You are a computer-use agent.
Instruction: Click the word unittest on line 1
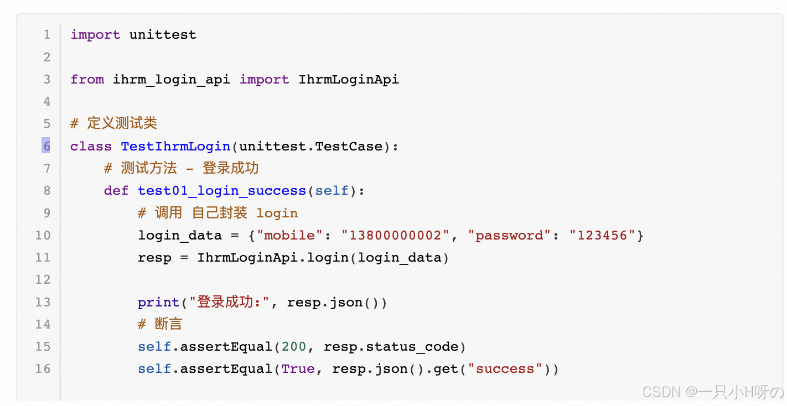click(163, 34)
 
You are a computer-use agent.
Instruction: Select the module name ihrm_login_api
click(172, 79)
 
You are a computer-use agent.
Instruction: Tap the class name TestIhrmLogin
click(175, 146)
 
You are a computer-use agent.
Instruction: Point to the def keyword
click(116, 191)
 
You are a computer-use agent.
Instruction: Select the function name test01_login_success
click(222, 191)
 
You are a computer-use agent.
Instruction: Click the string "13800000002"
click(395, 235)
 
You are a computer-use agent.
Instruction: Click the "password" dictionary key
click(505, 235)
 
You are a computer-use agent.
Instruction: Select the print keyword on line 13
click(159, 302)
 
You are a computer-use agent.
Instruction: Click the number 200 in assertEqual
click(294, 347)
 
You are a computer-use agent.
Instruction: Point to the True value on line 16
click(298, 369)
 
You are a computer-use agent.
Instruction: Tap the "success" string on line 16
click(505, 369)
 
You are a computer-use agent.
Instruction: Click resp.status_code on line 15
click(391, 347)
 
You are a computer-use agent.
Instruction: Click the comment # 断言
click(160, 324)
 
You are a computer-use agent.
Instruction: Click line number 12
click(43, 279)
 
